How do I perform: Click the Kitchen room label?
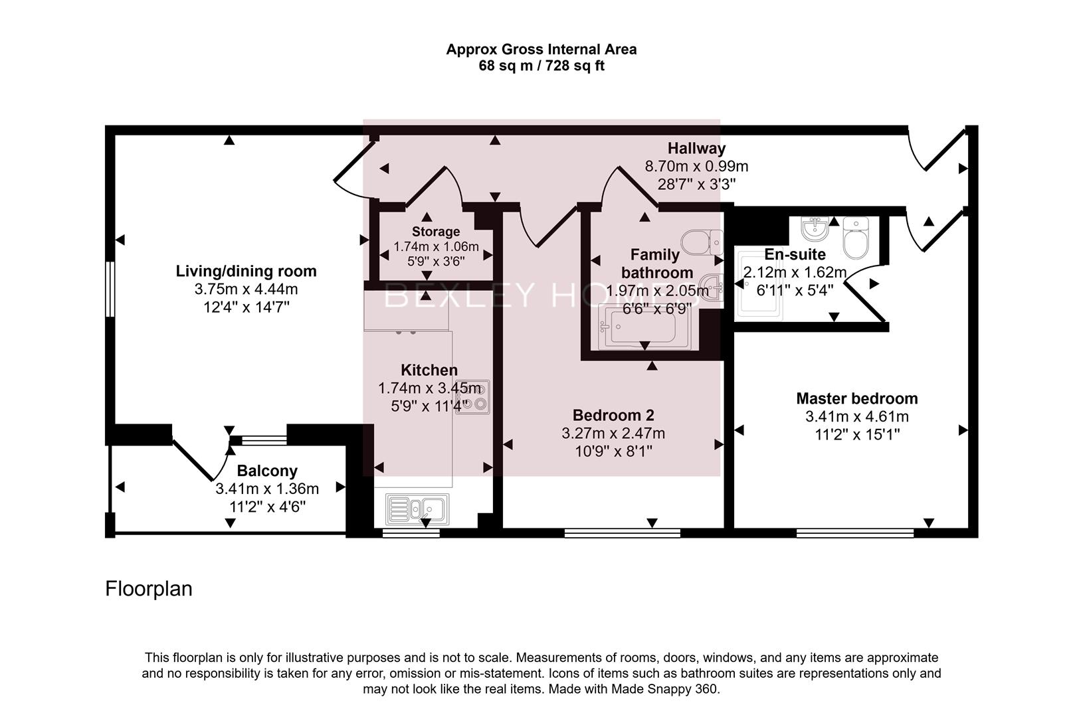[429, 370]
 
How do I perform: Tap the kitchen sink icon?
[417, 509]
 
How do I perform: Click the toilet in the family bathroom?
[702, 242]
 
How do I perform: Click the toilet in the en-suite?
[856, 238]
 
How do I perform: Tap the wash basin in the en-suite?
[815, 229]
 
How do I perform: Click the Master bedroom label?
[856, 398]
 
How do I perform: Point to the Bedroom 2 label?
[613, 415]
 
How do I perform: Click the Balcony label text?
[267, 471]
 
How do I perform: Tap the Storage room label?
[435, 231]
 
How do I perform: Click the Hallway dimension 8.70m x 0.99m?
[696, 166]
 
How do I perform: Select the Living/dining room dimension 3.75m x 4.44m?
[246, 289]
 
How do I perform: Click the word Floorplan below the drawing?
[149, 589]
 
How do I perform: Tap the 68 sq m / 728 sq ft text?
[541, 66]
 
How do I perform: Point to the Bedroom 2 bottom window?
[622, 532]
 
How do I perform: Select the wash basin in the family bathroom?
[713, 286]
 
